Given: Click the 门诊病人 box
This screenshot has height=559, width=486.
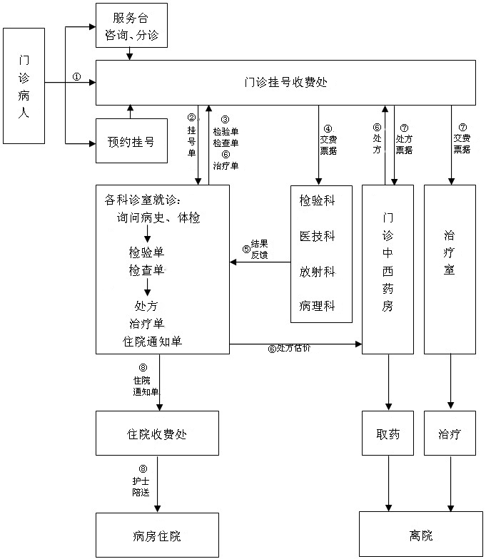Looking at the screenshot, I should (24, 86).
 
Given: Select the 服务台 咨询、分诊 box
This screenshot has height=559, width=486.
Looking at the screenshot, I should (131, 25).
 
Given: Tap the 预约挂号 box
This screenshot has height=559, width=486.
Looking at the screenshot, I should (131, 142).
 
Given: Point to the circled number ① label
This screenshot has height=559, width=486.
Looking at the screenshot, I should (77, 76).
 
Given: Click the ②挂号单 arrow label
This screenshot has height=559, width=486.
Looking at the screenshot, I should (191, 135).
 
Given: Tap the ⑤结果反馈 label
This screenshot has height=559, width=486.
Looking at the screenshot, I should (255, 250).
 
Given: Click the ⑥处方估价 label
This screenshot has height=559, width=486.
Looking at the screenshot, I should (289, 349).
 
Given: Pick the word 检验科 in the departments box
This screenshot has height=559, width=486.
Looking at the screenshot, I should (317, 201).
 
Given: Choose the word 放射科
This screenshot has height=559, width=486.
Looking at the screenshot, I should (317, 272).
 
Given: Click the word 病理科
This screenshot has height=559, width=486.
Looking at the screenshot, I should (317, 307).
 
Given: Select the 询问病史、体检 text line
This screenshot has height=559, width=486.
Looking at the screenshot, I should (158, 218).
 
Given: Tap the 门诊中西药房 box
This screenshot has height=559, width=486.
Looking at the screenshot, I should (388, 269).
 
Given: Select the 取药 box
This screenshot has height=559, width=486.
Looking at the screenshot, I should (388, 434).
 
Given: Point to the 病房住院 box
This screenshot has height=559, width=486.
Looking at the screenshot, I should (162, 535).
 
